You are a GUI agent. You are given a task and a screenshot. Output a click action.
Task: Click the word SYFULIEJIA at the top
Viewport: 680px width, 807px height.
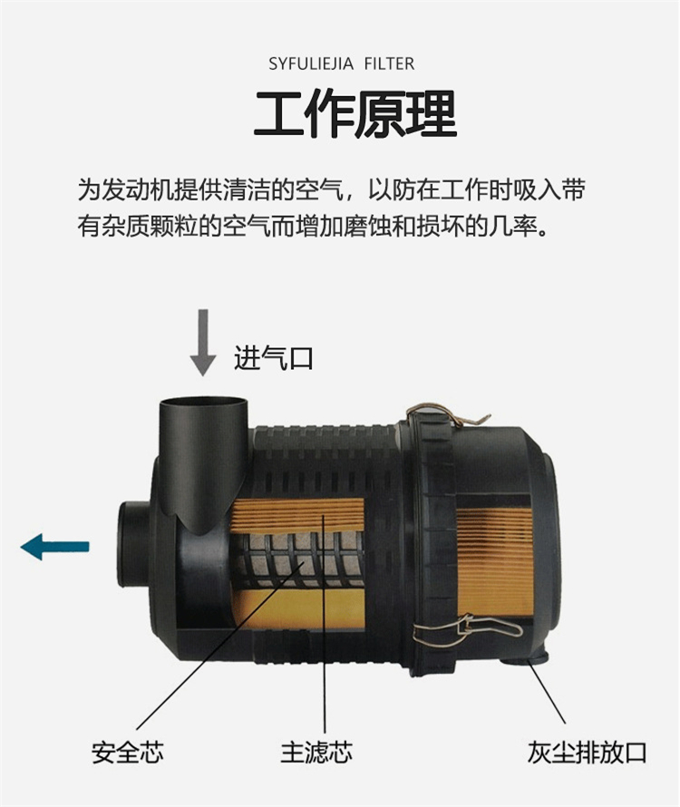pyautogui.click(x=311, y=63)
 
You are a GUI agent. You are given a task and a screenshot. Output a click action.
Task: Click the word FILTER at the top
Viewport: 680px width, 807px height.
pyautogui.click(x=389, y=63)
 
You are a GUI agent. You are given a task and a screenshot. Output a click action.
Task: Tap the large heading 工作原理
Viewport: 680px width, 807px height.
pyautogui.click(x=355, y=113)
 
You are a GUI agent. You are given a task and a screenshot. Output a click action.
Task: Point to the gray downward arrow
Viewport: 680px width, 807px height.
pyautogui.click(x=203, y=342)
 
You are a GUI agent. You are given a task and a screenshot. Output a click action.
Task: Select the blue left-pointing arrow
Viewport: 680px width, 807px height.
pyautogui.click(x=54, y=547)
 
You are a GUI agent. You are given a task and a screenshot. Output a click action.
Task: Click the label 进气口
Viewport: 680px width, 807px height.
pyautogui.click(x=274, y=357)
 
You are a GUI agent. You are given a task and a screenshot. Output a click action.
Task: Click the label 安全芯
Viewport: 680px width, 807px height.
pyautogui.click(x=128, y=753)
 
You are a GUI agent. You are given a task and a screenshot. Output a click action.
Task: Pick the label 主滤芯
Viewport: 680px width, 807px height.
pyautogui.click(x=316, y=753)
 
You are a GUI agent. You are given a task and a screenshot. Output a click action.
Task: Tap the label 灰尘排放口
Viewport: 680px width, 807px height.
pyautogui.click(x=587, y=753)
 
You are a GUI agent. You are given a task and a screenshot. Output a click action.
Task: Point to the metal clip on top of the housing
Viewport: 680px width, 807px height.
pyautogui.click(x=447, y=414)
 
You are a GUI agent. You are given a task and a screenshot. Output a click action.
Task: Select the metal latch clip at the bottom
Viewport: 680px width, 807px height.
pyautogui.click(x=466, y=629)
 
